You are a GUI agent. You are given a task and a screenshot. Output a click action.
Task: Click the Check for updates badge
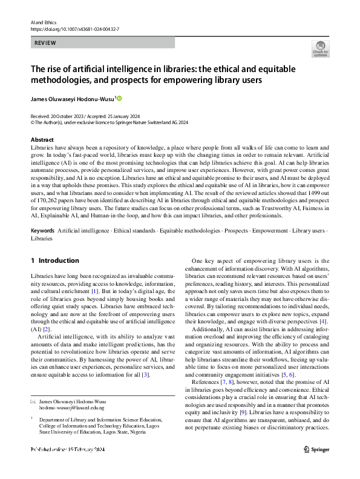click(x=320, y=48)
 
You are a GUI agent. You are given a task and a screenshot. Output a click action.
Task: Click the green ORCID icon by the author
click(x=119, y=98)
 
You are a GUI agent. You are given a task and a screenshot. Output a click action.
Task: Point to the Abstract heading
click(x=42, y=140)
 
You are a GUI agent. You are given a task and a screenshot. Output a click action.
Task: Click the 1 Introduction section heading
click(x=54, y=261)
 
